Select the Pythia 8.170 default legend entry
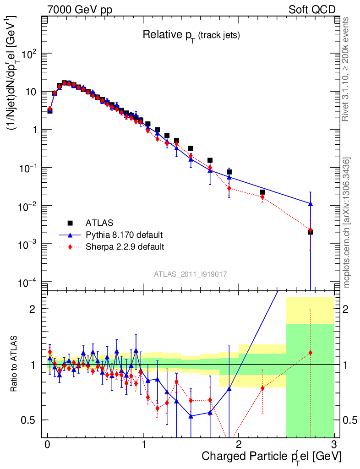coord(124,235)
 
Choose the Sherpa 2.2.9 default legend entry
coord(125,247)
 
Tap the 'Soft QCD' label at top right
coord(312,10)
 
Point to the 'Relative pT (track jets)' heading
coord(191,35)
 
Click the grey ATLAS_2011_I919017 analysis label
coord(191,274)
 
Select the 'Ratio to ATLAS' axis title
coord(14,364)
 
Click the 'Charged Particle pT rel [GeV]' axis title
coord(271,457)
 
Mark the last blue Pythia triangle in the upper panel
coord(311,204)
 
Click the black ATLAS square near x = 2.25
coord(262,192)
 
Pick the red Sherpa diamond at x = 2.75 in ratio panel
coord(311,353)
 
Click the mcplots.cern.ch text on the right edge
coord(347,223)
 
